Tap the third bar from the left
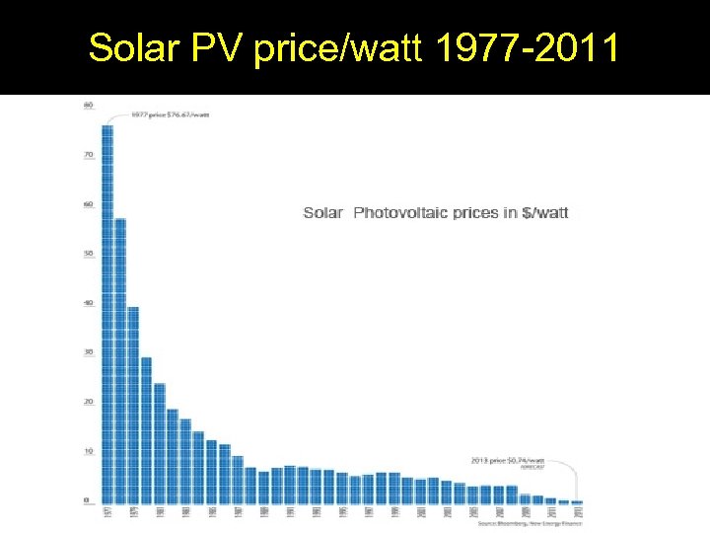[133, 405]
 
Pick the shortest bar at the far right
[577, 502]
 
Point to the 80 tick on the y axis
[89, 105]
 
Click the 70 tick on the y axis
[89, 155]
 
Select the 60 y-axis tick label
[89, 204]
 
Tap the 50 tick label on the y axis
[89, 254]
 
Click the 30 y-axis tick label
[89, 352]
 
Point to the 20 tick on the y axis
[89, 402]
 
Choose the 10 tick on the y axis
[89, 451]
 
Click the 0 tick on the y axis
[89, 500]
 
